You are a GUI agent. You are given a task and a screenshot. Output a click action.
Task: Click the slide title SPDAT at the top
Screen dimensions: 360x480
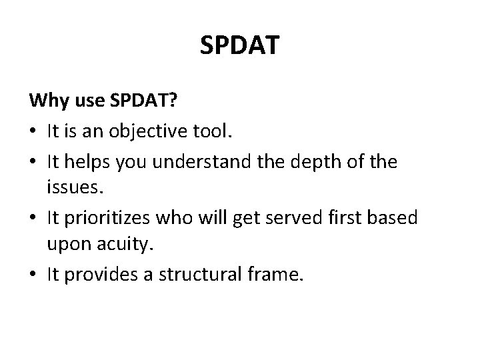(240, 46)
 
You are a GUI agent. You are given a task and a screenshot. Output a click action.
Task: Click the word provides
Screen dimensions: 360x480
(106, 275)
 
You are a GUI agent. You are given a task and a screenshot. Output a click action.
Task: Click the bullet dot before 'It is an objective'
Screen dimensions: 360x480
(33, 133)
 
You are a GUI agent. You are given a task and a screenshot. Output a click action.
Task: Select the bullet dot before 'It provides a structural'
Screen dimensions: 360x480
(33, 276)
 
